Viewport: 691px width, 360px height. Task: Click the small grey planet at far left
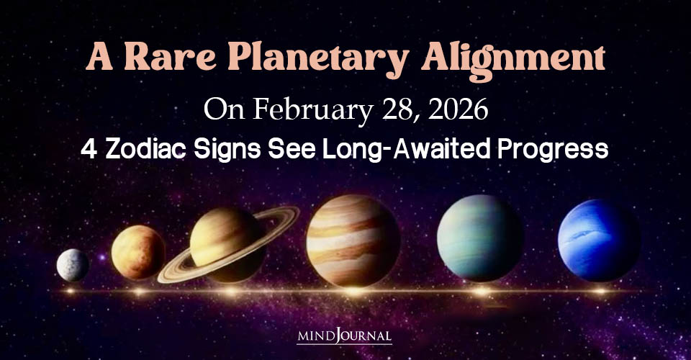pos(73,265)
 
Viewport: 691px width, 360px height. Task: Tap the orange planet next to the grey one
pos(137,252)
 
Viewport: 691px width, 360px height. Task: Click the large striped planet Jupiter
pos(353,240)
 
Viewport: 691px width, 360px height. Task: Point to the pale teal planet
pos(480,238)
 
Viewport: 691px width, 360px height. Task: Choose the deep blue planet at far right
pos(599,240)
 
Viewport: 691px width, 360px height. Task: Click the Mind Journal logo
pos(345,336)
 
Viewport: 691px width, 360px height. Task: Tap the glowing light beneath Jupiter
pos(353,291)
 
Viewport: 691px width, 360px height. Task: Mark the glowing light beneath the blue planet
pos(599,291)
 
